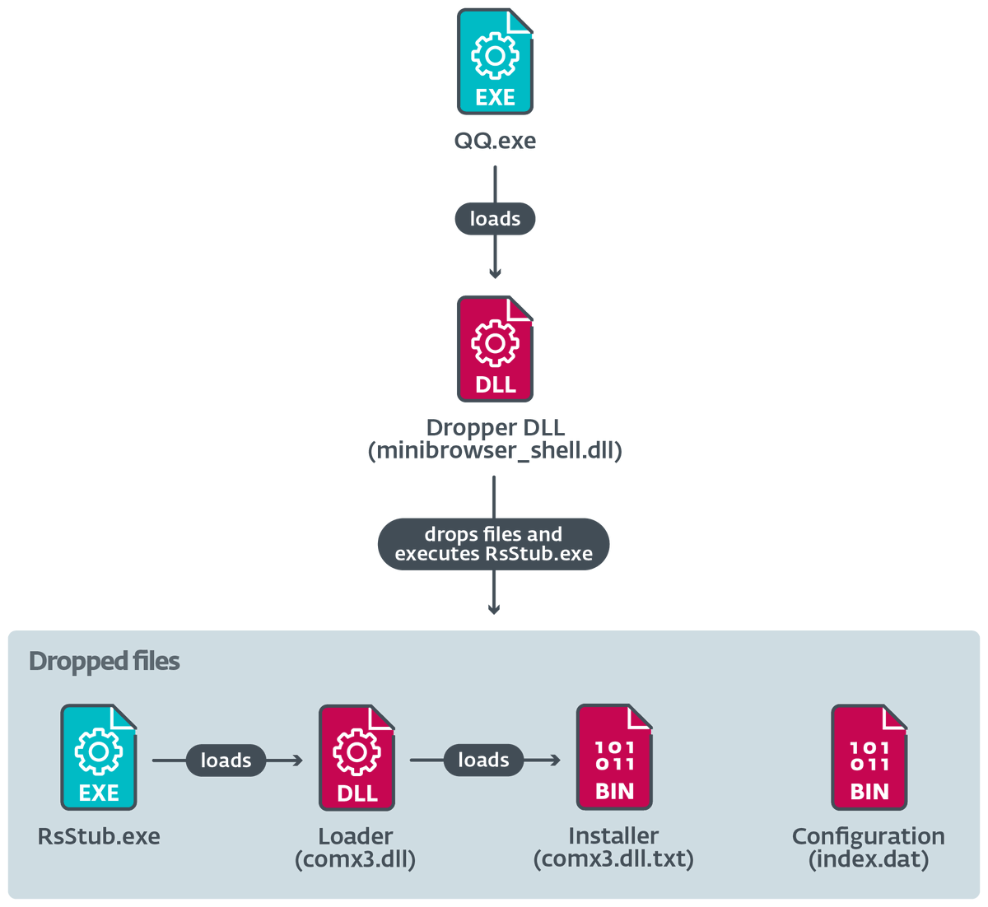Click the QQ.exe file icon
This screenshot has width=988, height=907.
pyautogui.click(x=495, y=62)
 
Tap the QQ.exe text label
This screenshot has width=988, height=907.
pyautogui.click(x=495, y=141)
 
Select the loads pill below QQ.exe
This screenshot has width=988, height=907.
pyautogui.click(x=495, y=219)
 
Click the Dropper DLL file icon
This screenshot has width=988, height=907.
pyautogui.click(x=495, y=349)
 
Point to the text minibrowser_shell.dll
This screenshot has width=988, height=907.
pyautogui.click(x=495, y=451)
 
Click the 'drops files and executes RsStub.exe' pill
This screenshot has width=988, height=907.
pyautogui.click(x=494, y=544)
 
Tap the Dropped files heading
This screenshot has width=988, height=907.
pyautogui.click(x=104, y=662)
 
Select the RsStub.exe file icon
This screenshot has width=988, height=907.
pyautogui.click(x=98, y=757)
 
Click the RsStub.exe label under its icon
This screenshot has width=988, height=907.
pyautogui.click(x=99, y=837)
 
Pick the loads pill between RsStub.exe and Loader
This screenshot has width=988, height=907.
pyautogui.click(x=226, y=760)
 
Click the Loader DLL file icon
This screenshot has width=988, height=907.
pyautogui.click(x=357, y=757)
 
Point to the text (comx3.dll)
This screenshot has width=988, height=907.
pyautogui.click(x=356, y=860)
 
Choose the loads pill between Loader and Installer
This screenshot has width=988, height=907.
pyautogui.click(x=483, y=760)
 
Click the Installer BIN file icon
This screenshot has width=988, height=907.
pyautogui.click(x=614, y=757)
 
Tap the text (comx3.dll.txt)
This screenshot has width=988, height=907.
pyautogui.click(x=613, y=860)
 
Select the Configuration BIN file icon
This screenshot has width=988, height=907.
pyautogui.click(x=869, y=757)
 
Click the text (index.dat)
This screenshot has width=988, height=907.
pyautogui.click(x=869, y=860)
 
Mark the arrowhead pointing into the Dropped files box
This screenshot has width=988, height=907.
pyautogui.click(x=494, y=609)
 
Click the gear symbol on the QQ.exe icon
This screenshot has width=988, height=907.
pyautogui.click(x=495, y=54)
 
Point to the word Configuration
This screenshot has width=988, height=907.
pyautogui.click(x=869, y=837)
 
